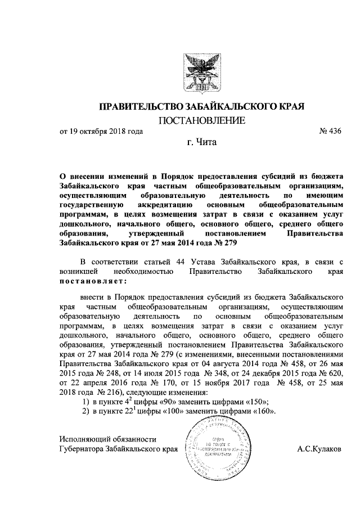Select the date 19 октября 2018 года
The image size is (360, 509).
point(101,132)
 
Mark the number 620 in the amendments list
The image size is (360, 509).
point(334,372)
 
